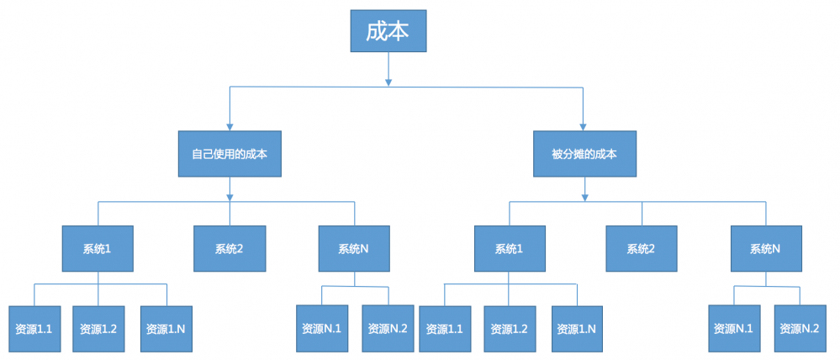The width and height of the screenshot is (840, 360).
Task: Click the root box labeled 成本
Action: [x=388, y=32]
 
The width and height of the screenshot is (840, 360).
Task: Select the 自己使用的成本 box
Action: [x=230, y=154]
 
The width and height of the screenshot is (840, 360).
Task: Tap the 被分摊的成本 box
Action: [x=584, y=154]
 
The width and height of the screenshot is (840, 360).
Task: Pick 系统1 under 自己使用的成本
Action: [x=98, y=248]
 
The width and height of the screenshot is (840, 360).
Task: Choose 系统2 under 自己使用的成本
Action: [x=229, y=248]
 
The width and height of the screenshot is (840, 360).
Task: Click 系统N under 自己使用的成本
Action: [x=354, y=248]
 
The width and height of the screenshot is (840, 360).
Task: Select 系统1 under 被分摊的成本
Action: [x=509, y=248]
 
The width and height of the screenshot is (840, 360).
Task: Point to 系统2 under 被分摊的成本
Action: [x=641, y=248]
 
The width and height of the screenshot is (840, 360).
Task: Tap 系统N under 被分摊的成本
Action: [x=764, y=248]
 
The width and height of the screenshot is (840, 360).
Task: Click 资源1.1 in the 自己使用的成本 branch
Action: [x=34, y=328]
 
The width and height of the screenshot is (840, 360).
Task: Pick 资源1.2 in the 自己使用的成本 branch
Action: [x=98, y=328]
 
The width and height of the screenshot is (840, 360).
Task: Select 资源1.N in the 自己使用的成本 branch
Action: [x=165, y=328]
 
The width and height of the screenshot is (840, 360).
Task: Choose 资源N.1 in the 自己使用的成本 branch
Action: [x=321, y=328]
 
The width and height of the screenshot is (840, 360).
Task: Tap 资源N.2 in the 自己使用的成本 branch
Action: [x=388, y=328]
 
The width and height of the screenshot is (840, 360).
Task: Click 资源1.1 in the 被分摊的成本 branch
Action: [x=444, y=328]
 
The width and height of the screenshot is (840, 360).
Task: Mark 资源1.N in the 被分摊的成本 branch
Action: [x=577, y=328]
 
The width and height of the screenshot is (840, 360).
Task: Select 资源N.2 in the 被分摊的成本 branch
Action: [x=799, y=328]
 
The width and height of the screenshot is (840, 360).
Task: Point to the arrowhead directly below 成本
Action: [x=388, y=82]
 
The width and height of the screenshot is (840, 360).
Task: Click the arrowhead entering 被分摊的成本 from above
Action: [x=584, y=126]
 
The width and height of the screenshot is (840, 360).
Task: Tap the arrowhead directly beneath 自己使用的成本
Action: [x=230, y=198]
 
